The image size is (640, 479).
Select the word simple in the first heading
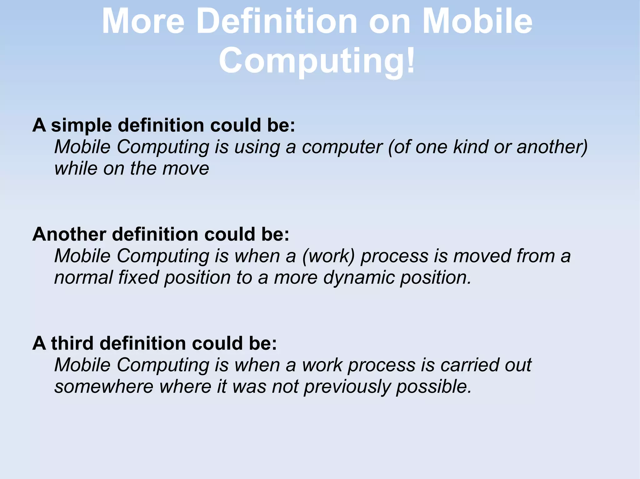pyautogui.click(x=81, y=125)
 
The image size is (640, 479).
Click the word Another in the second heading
pyautogui.click(x=69, y=234)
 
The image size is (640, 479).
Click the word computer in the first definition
pyautogui.click(x=342, y=147)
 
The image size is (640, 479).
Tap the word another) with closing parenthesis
pyautogui.click(x=552, y=147)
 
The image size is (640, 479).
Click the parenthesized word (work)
pyautogui.click(x=328, y=256)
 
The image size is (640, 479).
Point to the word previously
pyautogui.click(x=347, y=387)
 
